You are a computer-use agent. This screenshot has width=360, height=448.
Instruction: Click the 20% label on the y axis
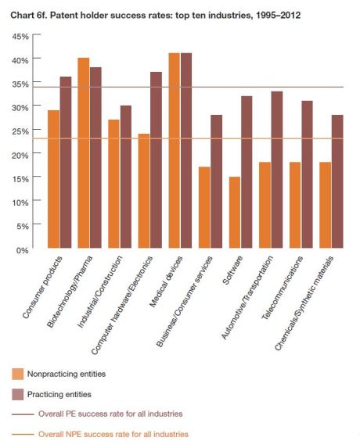point(20,155)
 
